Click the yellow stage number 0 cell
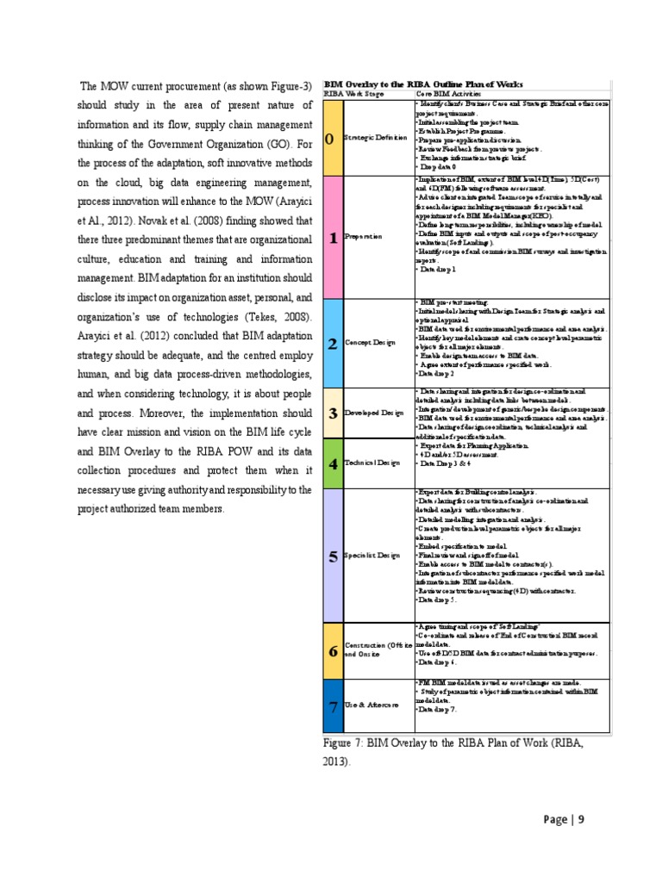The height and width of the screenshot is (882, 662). click(x=332, y=139)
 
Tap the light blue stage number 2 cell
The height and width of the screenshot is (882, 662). click(x=332, y=343)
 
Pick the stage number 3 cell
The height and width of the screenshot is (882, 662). click(x=332, y=413)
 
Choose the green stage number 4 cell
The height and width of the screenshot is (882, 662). click(x=332, y=462)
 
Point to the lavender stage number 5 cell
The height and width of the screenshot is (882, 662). click(x=332, y=556)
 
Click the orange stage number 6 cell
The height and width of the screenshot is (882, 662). click(x=332, y=649)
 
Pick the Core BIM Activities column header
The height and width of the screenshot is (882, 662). click(x=448, y=93)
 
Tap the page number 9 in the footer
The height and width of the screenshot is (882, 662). click(x=581, y=819)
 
